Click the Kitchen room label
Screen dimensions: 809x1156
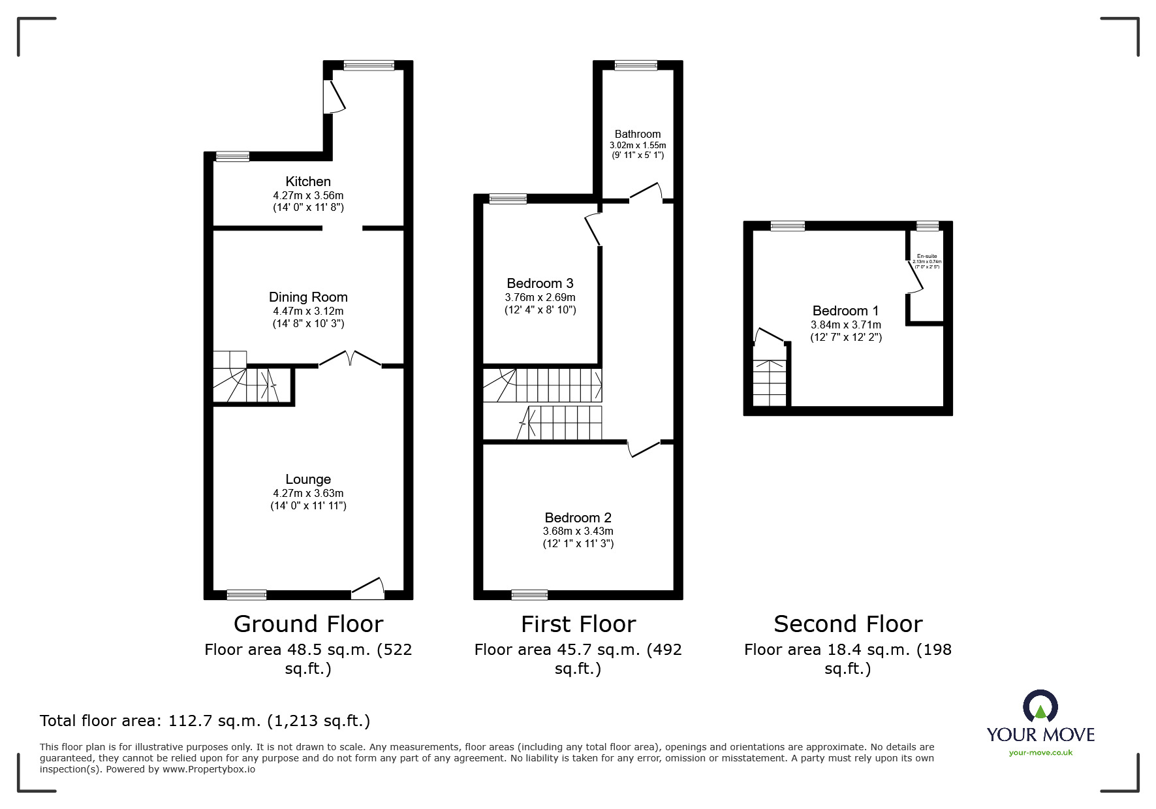coord(308,182)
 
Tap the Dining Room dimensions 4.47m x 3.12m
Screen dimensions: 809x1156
coord(308,311)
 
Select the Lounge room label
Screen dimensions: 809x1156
coord(308,479)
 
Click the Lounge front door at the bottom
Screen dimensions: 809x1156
coord(367,590)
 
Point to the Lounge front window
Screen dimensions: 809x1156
coord(247,595)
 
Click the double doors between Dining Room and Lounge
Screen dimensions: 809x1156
coord(350,359)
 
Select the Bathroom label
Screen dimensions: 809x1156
coord(638,134)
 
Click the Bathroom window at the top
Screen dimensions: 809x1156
coord(636,65)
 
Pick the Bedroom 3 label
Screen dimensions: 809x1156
coord(540,283)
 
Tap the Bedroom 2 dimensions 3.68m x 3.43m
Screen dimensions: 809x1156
coord(578,531)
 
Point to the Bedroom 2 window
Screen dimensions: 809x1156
coord(529,595)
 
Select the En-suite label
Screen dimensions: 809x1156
coord(926,257)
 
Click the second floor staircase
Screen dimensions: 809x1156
coord(770,382)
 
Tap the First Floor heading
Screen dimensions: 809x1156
coord(578,624)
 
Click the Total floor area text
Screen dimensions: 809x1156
coord(205,721)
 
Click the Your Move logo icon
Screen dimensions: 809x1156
coord(1040,707)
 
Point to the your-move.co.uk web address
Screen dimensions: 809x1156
coord(1040,753)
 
